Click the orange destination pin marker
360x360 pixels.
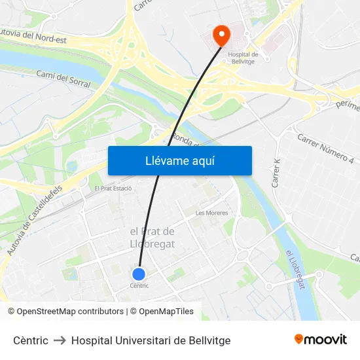222,34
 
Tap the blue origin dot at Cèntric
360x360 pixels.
139,274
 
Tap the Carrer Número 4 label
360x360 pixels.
325,148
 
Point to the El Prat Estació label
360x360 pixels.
113,189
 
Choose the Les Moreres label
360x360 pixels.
211,213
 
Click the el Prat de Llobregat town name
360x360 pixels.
152,238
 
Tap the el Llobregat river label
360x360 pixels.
295,269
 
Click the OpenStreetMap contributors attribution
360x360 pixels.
70,312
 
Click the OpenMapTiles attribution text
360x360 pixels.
166,312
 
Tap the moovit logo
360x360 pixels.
320,340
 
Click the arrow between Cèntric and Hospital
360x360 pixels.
60,340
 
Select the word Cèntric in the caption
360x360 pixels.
31,340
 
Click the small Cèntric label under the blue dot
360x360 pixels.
139,285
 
